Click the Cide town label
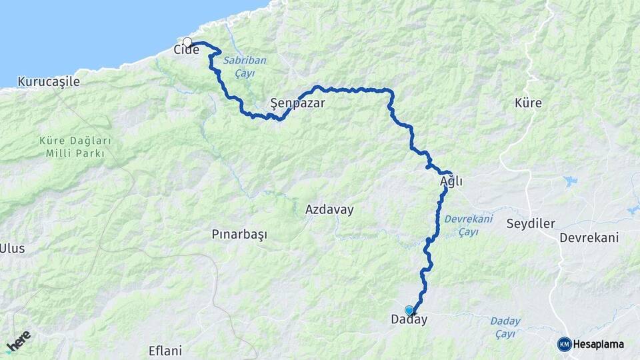pyautogui.click(x=187, y=50)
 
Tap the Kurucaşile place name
pyautogui.click(x=49, y=81)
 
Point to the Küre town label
pyautogui.click(x=528, y=103)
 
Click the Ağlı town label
pyautogui.click(x=451, y=181)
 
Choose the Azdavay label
pyautogui.click(x=329, y=209)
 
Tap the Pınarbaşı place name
pyautogui.click(x=239, y=235)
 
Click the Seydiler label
pyautogui.click(x=531, y=223)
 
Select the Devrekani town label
pyautogui.click(x=589, y=238)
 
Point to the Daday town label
pyautogui.click(x=409, y=320)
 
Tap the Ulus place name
pyautogui.click(x=12, y=249)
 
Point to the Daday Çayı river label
pyautogui.click(x=505, y=327)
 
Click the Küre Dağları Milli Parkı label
pyautogui.click(x=75, y=147)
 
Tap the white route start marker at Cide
pyautogui.click(x=187, y=43)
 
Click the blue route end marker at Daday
pyautogui.click(x=409, y=310)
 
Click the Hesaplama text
pyautogui.click(x=598, y=345)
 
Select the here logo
pyautogui.click(x=19, y=341)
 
